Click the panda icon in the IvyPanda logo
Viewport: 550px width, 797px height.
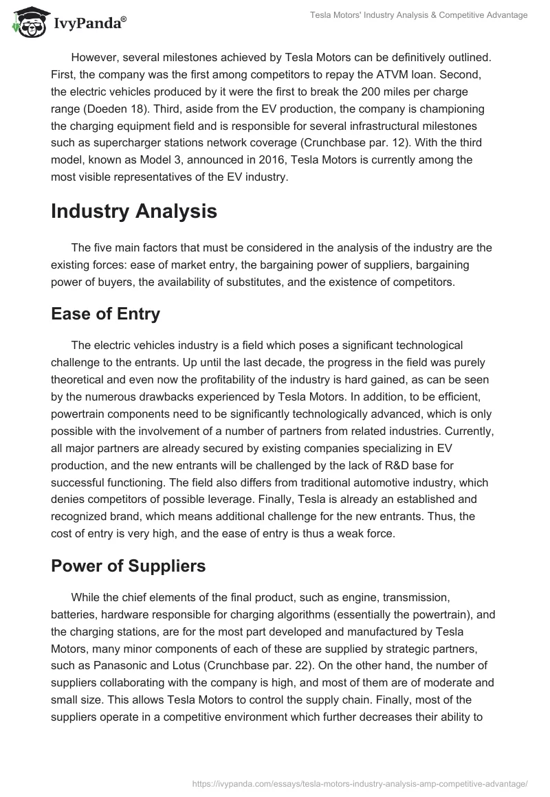(27, 22)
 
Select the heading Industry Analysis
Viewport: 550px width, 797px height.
(134, 211)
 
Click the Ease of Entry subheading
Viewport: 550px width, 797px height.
(105, 314)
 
